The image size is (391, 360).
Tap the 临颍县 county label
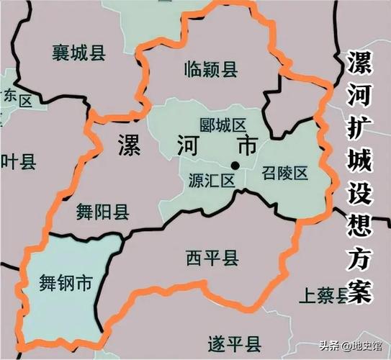210,68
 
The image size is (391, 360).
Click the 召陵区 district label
284,173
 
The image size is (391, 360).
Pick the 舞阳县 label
102,211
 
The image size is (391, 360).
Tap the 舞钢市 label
65,283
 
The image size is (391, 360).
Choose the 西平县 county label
212,258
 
